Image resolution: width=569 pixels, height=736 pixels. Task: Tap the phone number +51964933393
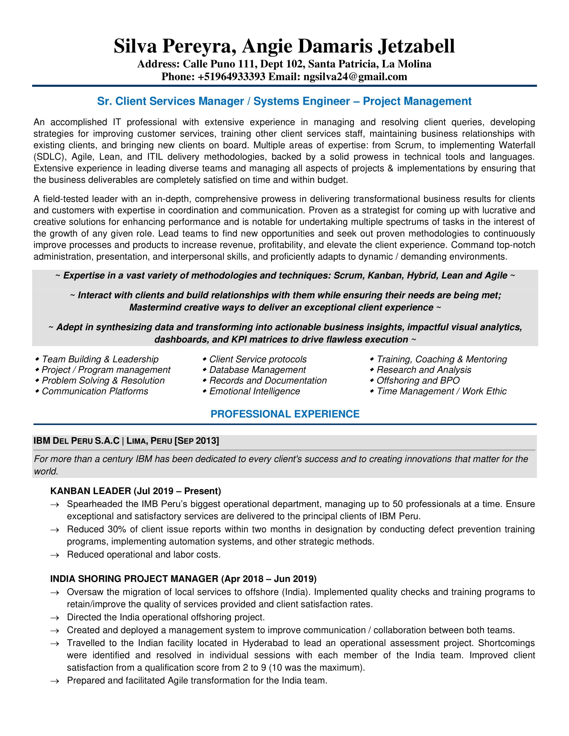232,77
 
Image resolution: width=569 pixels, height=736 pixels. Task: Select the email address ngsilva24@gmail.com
355,77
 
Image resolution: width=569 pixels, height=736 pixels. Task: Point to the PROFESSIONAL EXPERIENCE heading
285,414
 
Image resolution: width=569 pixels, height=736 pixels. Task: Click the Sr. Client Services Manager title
170,101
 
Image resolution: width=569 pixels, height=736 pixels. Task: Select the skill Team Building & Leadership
100,359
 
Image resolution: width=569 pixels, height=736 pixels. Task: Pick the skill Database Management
257,370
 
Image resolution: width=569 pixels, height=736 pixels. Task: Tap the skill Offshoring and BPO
418,380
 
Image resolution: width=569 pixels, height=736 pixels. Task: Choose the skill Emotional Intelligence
254,391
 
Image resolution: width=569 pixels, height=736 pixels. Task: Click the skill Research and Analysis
424,370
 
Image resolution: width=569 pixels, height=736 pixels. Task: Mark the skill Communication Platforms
95,391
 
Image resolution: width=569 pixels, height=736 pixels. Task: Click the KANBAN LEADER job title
90,491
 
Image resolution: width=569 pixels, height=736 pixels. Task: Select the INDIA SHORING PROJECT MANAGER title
134,579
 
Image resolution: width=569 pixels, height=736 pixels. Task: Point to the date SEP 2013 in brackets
197,441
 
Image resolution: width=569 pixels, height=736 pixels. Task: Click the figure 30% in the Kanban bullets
116,530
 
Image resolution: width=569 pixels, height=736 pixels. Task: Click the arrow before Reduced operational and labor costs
55,555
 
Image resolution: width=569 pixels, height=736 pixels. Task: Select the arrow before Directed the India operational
55,618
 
